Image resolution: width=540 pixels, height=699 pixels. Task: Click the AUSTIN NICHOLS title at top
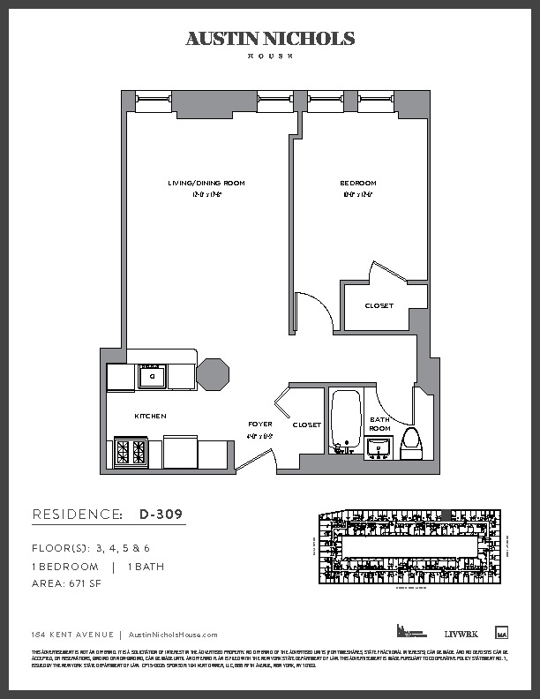click(270, 39)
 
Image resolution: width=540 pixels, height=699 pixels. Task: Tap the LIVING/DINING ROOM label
click(206, 184)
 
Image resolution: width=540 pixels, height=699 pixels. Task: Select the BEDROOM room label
click(357, 184)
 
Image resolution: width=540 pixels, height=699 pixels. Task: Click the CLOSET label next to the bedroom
click(379, 306)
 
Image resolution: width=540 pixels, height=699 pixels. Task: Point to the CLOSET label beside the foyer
click(306, 425)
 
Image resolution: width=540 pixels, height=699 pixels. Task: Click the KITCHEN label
click(150, 416)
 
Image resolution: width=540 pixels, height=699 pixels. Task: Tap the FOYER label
click(259, 425)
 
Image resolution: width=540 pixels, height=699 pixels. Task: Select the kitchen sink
click(152, 376)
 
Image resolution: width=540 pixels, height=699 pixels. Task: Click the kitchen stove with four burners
click(131, 453)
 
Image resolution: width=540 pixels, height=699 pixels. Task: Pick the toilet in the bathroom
click(411, 441)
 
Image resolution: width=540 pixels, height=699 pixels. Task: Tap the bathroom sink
click(379, 447)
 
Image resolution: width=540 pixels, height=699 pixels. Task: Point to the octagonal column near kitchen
click(213, 375)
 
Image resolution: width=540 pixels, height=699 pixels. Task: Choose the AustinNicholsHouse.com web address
click(173, 635)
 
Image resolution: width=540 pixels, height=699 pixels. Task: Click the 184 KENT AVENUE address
click(71, 635)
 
